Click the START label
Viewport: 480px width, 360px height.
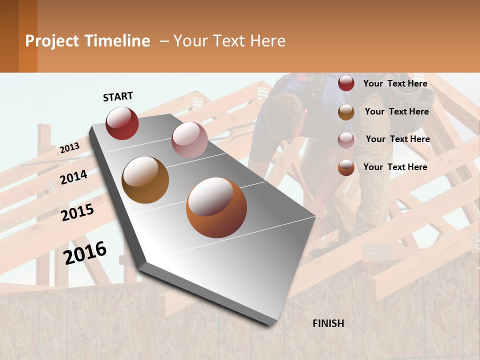(x=118, y=96)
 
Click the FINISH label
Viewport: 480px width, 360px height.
(x=328, y=323)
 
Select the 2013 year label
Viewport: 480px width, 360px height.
(x=69, y=148)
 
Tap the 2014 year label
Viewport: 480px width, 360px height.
(x=73, y=177)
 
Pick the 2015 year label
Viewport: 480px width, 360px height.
(x=77, y=212)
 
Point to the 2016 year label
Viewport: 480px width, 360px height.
(x=85, y=252)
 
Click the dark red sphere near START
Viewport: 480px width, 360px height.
(x=122, y=123)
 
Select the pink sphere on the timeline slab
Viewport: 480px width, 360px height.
(x=189, y=140)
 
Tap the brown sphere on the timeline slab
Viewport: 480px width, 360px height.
(x=145, y=180)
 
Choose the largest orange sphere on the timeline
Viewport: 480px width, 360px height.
(x=216, y=207)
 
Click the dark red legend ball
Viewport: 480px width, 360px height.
(x=346, y=83)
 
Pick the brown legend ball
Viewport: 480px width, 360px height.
(x=346, y=112)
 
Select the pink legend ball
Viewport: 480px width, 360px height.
(x=346, y=140)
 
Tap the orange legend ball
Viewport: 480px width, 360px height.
(x=346, y=167)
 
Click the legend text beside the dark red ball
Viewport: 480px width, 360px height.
(x=395, y=83)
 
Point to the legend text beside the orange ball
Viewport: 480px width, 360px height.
(x=395, y=167)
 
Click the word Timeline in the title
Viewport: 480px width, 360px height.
(x=117, y=41)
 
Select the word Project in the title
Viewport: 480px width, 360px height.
(x=52, y=41)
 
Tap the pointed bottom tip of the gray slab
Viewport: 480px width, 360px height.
(x=270, y=324)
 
